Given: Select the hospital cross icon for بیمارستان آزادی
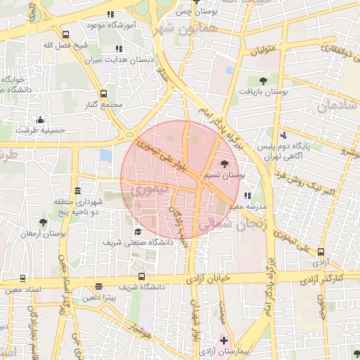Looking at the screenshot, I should pyautogui.click(x=224, y=340).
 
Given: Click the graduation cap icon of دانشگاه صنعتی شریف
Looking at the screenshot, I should pyautogui.click(x=138, y=231).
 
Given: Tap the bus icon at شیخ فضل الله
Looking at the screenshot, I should pyautogui.click(x=65, y=34).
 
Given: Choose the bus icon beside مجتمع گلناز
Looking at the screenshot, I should pyautogui.click(x=104, y=94).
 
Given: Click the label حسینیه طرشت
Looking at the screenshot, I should pyautogui.click(x=41, y=130).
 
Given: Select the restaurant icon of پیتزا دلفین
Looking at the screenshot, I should pyautogui.click(x=98, y=287).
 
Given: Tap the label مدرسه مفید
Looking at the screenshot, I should pyautogui.click(x=247, y=207).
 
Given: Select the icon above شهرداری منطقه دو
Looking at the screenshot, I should pyautogui.click(x=77, y=192).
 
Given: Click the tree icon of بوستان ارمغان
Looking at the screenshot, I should pyautogui.click(x=44, y=222).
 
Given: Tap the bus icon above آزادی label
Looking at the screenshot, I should pyautogui.click(x=321, y=251).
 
